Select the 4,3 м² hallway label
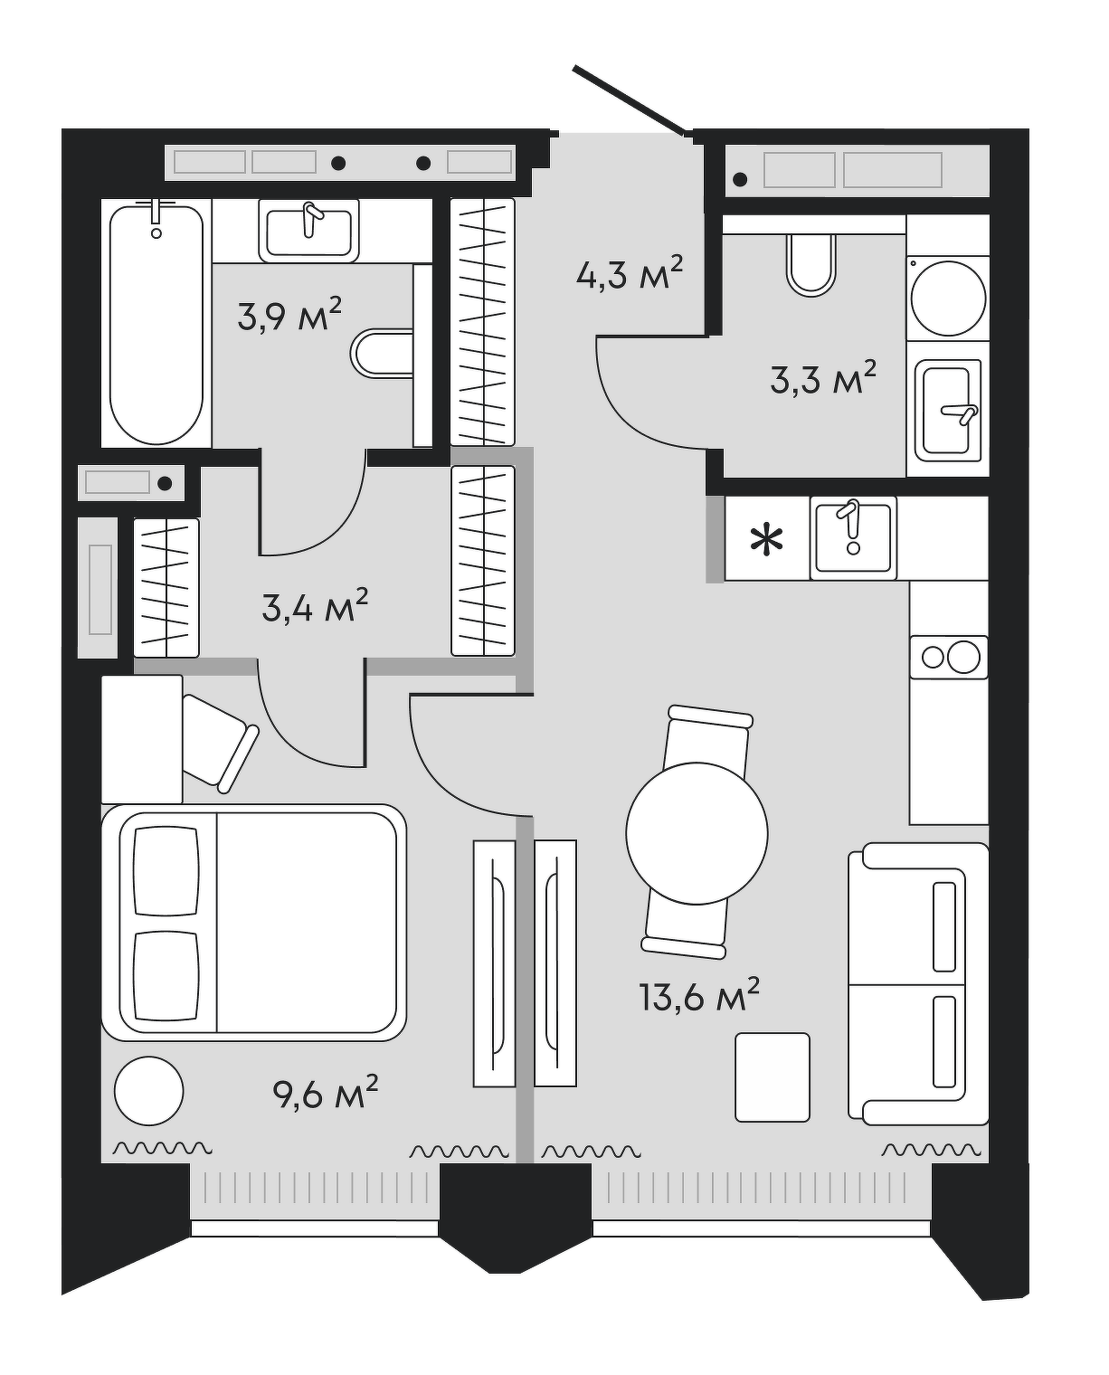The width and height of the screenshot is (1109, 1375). pyautogui.click(x=630, y=274)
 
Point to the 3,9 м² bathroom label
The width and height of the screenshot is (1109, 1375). pyautogui.click(x=289, y=314)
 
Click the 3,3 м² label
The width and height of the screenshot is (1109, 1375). pyautogui.click(x=823, y=379)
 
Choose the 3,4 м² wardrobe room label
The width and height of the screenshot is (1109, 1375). pyautogui.click(x=315, y=606)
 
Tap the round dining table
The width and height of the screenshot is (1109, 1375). pyautogui.click(x=697, y=833)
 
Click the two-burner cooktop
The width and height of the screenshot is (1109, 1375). pyautogui.click(x=949, y=657)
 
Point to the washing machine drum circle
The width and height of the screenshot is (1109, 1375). pyautogui.click(x=949, y=299)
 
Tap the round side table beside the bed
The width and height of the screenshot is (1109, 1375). pyautogui.click(x=149, y=1091)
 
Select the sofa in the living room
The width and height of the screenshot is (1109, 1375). pyautogui.click(x=918, y=983)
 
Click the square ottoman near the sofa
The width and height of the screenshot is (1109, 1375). pyautogui.click(x=773, y=1077)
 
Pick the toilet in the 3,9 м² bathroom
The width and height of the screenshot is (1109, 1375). pyautogui.click(x=382, y=354)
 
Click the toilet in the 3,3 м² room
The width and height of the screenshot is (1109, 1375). pyautogui.click(x=811, y=265)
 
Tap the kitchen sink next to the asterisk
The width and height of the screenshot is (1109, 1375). pyautogui.click(x=853, y=538)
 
